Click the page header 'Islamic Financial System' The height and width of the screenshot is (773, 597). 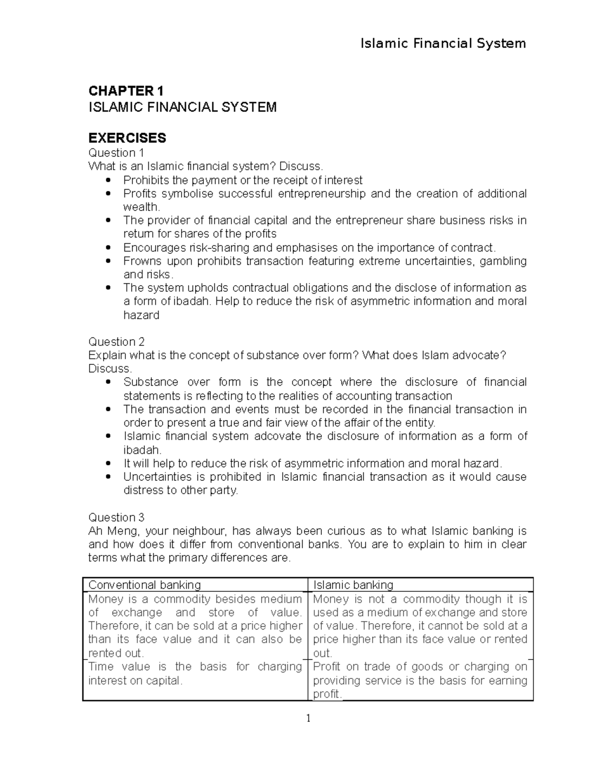[x=443, y=44]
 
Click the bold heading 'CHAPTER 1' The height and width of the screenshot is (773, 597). [x=125, y=91]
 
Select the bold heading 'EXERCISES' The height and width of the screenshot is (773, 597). [x=127, y=138]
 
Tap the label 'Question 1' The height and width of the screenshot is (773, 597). [x=116, y=153]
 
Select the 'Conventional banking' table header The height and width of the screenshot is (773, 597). [x=144, y=585]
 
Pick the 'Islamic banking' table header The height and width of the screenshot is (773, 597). [x=353, y=585]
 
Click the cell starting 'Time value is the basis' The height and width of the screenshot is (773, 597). [x=195, y=673]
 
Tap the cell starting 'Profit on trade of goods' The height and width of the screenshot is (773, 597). [x=420, y=680]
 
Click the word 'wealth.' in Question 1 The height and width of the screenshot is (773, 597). [x=141, y=207]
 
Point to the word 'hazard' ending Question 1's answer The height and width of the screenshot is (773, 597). [x=141, y=315]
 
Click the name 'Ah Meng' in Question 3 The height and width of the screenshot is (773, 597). [x=108, y=531]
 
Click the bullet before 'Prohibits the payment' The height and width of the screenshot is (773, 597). [x=109, y=180]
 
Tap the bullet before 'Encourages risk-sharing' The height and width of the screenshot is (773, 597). [x=109, y=248]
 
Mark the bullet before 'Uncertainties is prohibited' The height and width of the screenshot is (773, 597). [x=109, y=477]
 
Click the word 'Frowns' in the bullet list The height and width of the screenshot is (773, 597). [x=142, y=261]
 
